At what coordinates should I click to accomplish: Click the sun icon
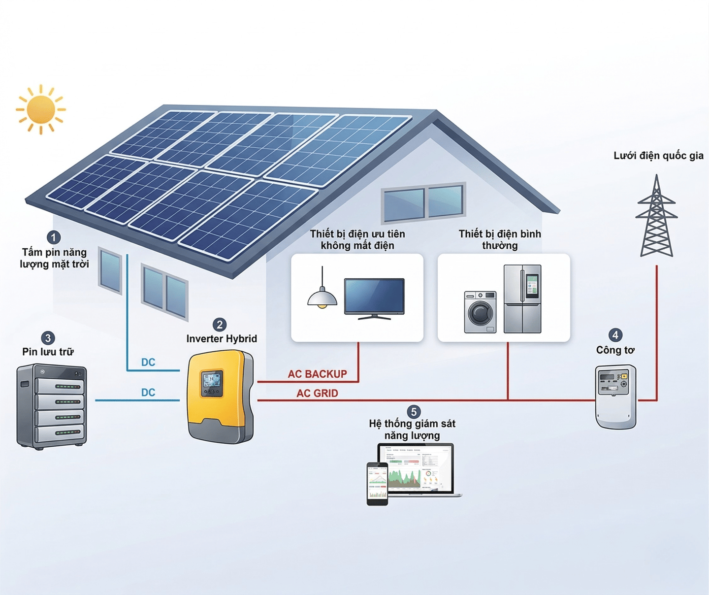pos(41,109)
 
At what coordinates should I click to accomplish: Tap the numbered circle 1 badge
pos(54,237)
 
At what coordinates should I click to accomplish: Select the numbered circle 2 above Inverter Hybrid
pos(220,325)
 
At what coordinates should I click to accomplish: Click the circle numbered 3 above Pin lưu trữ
pos(48,338)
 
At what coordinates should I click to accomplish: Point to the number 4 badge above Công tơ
pos(615,335)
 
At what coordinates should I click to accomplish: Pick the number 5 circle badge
pos(414,412)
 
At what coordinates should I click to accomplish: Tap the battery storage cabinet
pos(52,406)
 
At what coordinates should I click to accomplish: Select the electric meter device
pos(615,397)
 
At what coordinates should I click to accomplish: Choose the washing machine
pos(480,312)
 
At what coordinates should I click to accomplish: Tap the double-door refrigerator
pos(522,298)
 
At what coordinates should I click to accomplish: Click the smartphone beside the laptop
pos(377,484)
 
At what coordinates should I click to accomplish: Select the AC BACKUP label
pos(318,374)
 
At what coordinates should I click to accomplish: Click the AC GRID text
pos(318,394)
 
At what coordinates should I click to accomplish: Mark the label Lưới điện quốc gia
pos(658,156)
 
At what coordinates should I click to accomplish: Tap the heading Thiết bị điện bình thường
pos(500,240)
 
